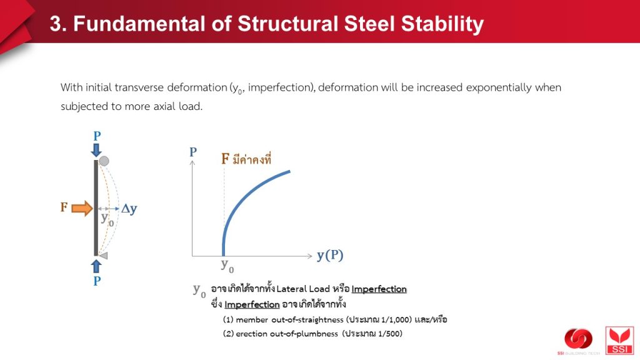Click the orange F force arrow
[82, 208]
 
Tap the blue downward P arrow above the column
[96, 150]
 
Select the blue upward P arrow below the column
[96, 266]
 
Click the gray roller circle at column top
[104, 161]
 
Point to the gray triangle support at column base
[103, 256]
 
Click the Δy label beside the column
[129, 209]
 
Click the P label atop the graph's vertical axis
[193, 152]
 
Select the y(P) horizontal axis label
[330, 256]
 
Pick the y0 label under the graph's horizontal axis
[227, 265]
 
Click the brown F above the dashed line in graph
[225, 158]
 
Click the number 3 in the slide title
[56, 24]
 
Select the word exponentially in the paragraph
[499, 87]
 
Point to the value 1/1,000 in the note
[395, 319]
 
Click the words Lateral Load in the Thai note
[303, 289]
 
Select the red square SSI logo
[619, 341]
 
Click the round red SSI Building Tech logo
[578, 339]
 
